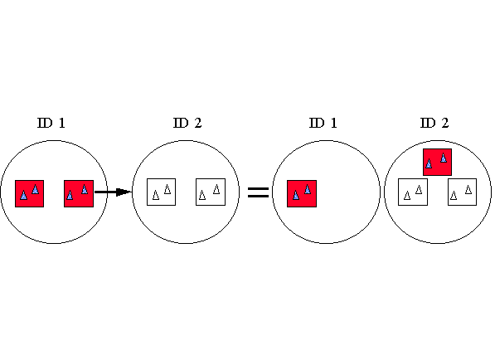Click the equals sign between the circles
point(258,192)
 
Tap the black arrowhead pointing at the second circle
point(124,192)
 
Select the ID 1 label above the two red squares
point(51,123)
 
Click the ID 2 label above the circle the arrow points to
point(187,123)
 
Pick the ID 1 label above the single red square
point(323,123)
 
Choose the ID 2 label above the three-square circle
point(434,123)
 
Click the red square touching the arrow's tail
point(79,193)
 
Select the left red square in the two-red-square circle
point(29,193)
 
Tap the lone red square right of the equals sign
point(302,193)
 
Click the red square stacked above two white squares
point(437,162)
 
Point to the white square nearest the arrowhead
point(161,192)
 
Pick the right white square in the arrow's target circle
point(211,192)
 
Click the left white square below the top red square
point(413,192)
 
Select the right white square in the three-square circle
point(462,192)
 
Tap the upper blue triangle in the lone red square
point(307,189)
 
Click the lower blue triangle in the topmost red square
point(429,163)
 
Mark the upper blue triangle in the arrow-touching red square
point(85,189)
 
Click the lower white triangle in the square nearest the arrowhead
point(156,195)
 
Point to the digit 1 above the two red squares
point(62,123)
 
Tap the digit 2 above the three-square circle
point(444,123)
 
